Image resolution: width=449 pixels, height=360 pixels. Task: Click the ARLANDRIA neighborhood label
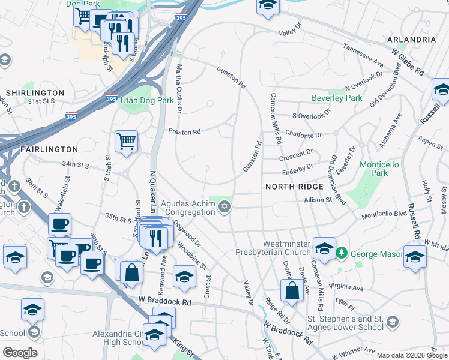(412, 39)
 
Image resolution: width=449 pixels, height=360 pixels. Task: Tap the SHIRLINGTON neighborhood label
(35, 93)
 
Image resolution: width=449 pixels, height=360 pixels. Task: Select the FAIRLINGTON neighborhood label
(40, 149)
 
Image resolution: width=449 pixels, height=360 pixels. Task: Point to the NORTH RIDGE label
(291, 187)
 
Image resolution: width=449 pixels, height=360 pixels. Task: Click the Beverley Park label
(337, 98)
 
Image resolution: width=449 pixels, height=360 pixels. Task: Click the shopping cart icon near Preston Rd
(126, 142)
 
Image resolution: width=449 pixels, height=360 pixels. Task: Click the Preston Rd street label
(184, 131)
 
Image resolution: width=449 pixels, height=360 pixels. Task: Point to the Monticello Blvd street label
(384, 214)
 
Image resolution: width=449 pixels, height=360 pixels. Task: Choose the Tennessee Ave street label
(363, 55)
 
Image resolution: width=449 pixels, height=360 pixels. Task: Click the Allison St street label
(318, 200)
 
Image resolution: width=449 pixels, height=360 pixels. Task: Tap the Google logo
(20, 353)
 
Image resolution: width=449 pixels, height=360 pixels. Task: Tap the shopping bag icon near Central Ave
(292, 290)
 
